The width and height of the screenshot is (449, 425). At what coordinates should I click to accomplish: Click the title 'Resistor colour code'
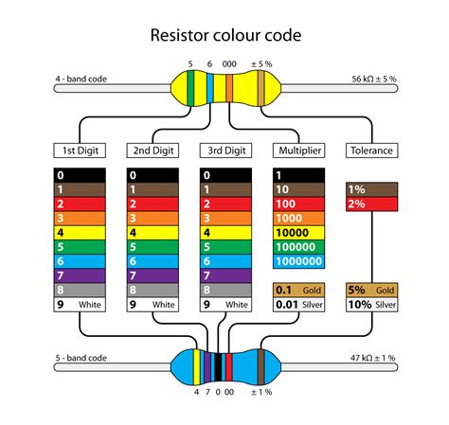tap(225, 36)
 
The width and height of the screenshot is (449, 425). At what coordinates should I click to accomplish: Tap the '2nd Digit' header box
tap(153, 150)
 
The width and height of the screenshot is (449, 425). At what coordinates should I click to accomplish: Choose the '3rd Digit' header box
tap(225, 150)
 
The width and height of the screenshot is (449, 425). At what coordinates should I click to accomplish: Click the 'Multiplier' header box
tap(298, 150)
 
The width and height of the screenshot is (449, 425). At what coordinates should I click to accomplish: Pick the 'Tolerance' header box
tap(371, 150)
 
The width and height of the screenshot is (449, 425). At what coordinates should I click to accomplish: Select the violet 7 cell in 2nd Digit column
tap(153, 275)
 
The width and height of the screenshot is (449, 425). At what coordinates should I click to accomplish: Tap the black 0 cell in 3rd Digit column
tap(225, 175)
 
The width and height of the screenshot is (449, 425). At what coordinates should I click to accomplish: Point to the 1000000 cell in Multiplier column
tap(298, 261)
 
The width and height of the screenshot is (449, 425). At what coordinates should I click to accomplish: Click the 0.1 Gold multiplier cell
tap(298, 290)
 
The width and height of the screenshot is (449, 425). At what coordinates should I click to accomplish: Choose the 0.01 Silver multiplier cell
tap(298, 305)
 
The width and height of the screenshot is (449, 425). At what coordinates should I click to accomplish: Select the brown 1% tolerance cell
tap(371, 189)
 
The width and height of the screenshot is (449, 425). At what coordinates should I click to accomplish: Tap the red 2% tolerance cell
tap(371, 204)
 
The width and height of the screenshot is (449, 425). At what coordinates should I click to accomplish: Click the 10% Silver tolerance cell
tap(371, 305)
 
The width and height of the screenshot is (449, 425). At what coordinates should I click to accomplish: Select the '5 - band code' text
tap(81, 358)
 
